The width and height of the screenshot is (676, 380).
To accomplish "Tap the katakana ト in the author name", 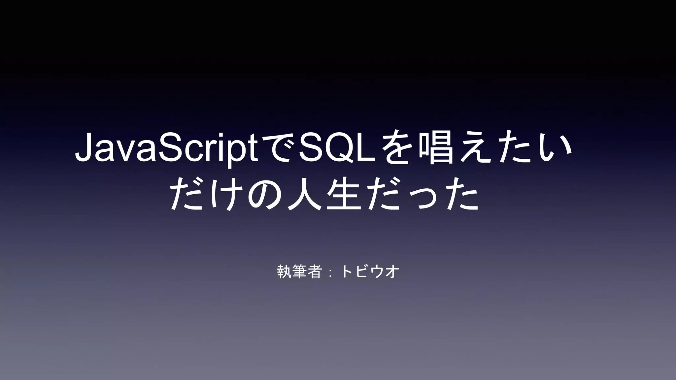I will tap(347, 272).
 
